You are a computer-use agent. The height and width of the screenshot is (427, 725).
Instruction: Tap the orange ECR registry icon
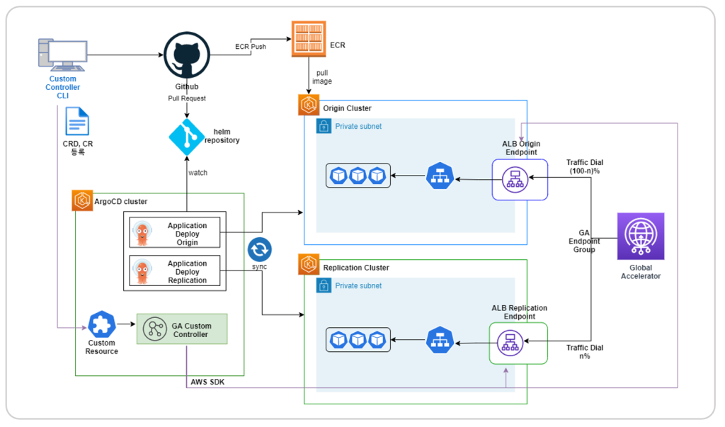pos(309,39)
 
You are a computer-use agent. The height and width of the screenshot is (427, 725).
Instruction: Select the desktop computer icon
pos(62,56)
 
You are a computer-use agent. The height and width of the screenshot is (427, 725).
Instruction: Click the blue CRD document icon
pos(77,121)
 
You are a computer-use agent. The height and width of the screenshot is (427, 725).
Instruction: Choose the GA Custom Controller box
pos(182,329)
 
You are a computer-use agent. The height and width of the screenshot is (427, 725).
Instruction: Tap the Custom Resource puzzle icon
pos(102,324)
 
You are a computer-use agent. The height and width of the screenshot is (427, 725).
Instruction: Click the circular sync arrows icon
pos(260,250)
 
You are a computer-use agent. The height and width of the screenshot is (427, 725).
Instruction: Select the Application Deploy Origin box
pos(175,234)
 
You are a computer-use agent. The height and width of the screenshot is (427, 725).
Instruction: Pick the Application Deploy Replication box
pos(175,271)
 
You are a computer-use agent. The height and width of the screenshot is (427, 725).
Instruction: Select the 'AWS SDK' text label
pos(208,382)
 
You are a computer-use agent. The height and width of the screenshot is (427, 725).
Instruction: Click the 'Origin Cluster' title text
pos(347,108)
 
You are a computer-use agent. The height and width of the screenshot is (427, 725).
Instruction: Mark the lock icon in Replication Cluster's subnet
pos(324,286)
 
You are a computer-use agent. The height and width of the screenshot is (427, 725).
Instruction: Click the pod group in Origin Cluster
pos(358,176)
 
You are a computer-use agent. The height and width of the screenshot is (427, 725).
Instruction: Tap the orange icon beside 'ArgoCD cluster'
pos(83,201)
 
